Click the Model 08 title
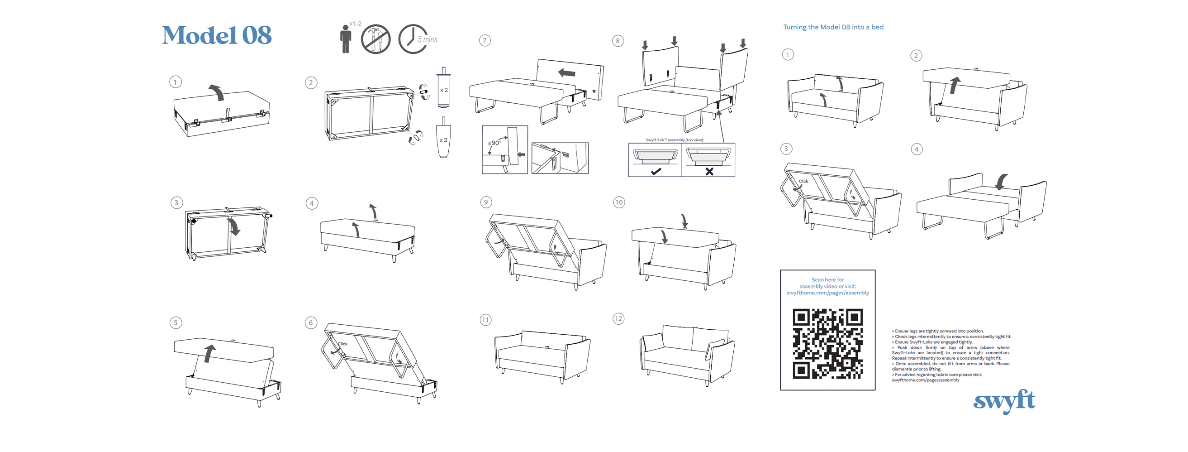click(x=217, y=35)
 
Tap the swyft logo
click(x=1004, y=401)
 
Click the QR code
click(x=827, y=343)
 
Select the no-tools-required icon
click(x=375, y=39)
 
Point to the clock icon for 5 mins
click(x=411, y=39)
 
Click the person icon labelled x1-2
click(x=346, y=39)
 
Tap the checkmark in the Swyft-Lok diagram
click(x=656, y=171)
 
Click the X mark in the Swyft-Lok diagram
click(x=709, y=171)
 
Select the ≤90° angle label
click(x=494, y=143)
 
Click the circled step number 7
click(x=485, y=41)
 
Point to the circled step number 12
click(x=618, y=318)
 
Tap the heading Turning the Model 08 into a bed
click(x=833, y=27)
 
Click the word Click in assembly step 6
click(x=342, y=344)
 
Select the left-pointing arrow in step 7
click(x=567, y=72)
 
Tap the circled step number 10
click(x=619, y=202)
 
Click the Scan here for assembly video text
click(x=827, y=283)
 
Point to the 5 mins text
click(x=428, y=40)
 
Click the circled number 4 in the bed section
click(x=917, y=149)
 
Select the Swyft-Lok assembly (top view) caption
click(x=675, y=140)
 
